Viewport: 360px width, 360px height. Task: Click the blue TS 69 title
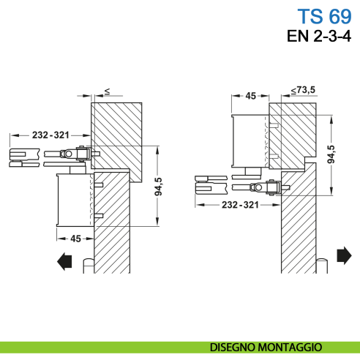[323, 15]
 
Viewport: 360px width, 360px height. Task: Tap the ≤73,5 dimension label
[302, 89]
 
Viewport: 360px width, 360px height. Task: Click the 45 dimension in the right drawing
[250, 95]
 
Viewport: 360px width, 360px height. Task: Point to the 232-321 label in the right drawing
[240, 206]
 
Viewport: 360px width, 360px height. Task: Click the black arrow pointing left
[65, 260]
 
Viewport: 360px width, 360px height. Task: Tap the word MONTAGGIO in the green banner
[296, 346]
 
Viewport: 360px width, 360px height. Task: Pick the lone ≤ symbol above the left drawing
[107, 91]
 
